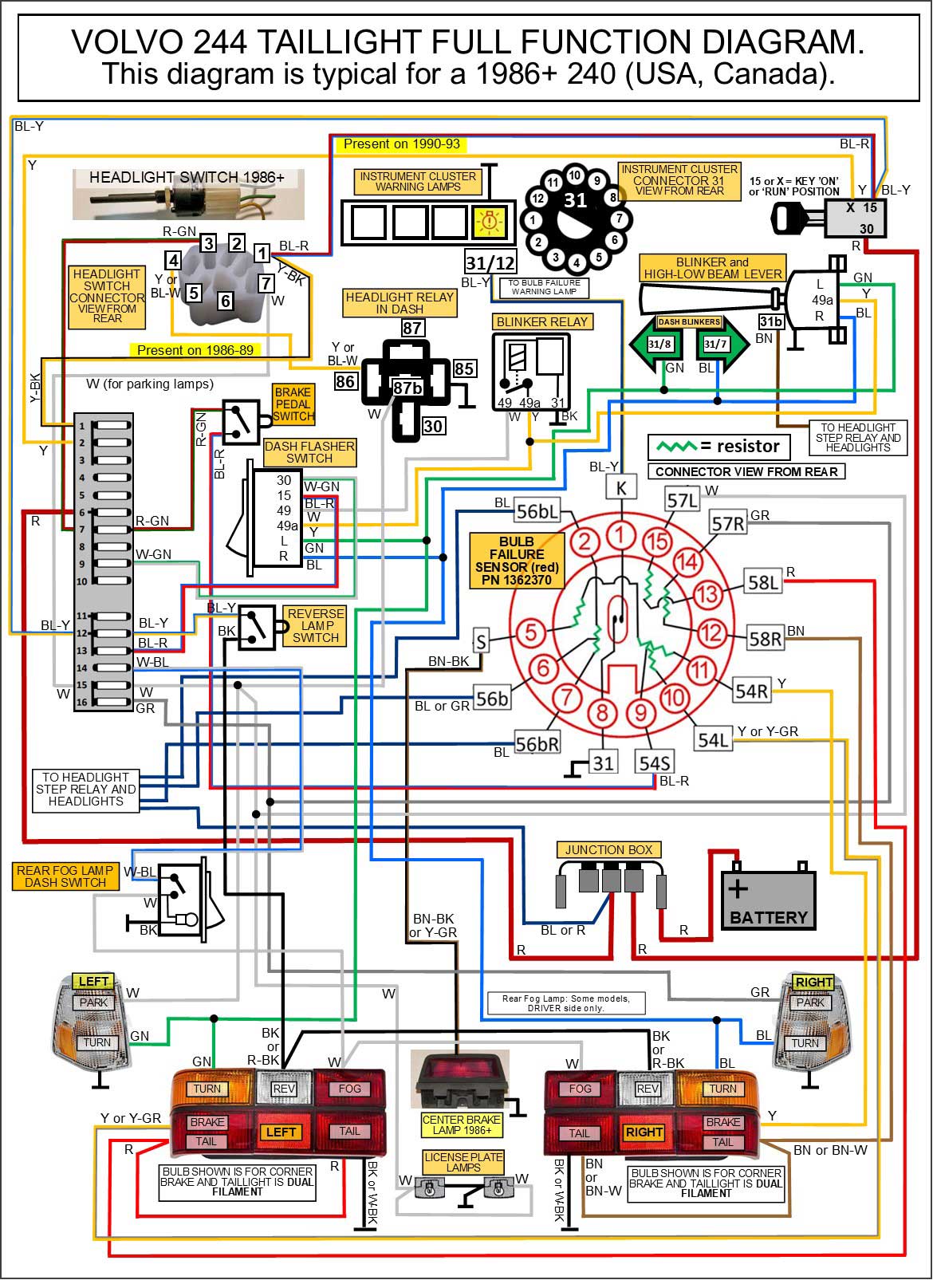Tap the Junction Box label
(608, 850)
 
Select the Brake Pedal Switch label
(293, 404)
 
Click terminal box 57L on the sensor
(683, 501)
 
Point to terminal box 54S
(654, 763)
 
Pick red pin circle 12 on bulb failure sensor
(711, 633)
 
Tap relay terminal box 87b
(407, 388)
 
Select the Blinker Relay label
(541, 322)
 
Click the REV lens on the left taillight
(284, 1089)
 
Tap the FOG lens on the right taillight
(580, 1089)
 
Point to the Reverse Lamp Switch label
(316, 625)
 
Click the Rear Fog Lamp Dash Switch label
(65, 876)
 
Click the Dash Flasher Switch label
(309, 452)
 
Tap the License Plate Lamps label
(463, 1162)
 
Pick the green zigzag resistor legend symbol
(674, 447)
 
